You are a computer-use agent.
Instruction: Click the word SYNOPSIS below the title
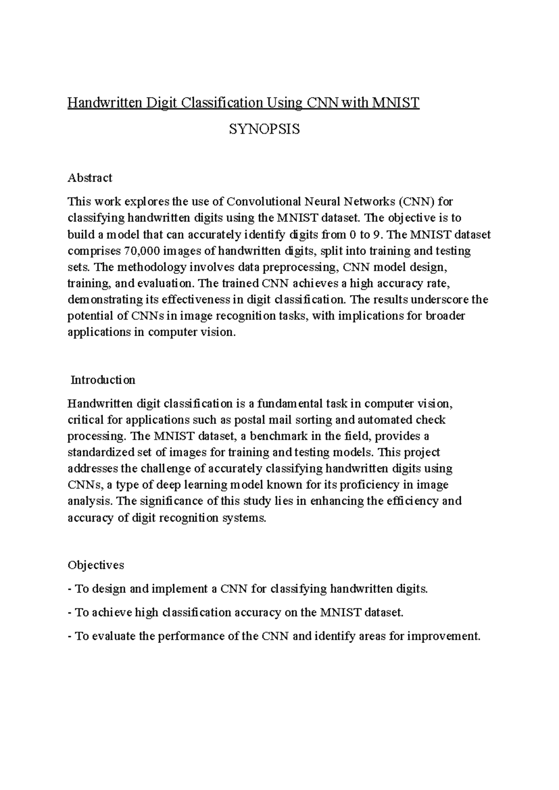pyautogui.click(x=265, y=129)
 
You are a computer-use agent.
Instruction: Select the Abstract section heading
pyautogui.click(x=90, y=177)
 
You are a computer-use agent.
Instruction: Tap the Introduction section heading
pyautogui.click(x=103, y=380)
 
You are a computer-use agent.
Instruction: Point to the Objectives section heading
pyautogui.click(x=96, y=565)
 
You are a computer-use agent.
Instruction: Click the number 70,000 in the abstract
pyautogui.click(x=142, y=251)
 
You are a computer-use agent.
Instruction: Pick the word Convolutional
pyautogui.click(x=264, y=202)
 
